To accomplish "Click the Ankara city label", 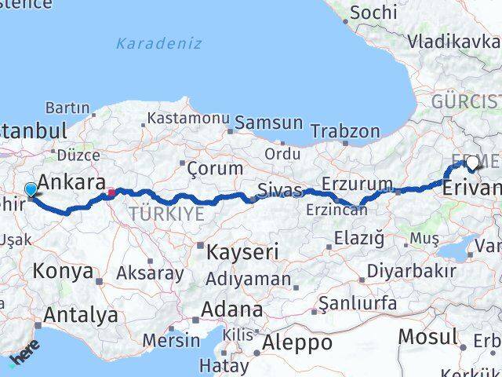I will point(71,182).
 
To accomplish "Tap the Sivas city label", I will point(280,189).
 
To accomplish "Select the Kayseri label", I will point(242,252).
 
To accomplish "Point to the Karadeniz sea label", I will point(158,43).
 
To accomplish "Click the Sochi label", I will point(373,13).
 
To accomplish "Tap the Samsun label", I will point(268,123).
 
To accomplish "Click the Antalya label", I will point(81,315).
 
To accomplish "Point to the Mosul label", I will point(427,337).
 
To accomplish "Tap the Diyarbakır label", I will point(415,271).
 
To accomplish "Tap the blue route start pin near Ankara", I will point(31,189).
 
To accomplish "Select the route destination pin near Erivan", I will point(473,163).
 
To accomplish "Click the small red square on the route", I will point(112,192).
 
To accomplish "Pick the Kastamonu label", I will point(187,118).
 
